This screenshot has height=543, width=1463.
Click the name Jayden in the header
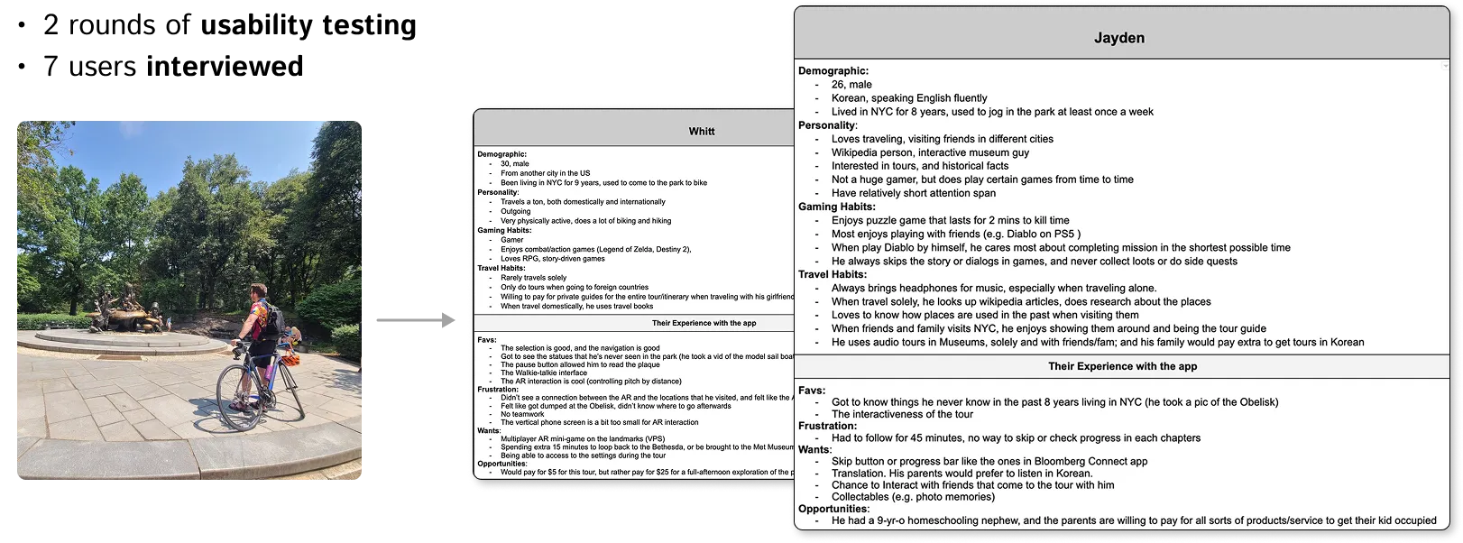1119,39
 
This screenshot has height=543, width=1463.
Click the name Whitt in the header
701,131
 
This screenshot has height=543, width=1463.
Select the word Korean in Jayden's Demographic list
851,98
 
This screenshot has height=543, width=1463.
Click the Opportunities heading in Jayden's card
833,509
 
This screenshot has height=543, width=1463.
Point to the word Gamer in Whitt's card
511,240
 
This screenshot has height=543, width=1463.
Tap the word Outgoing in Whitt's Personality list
516,211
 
